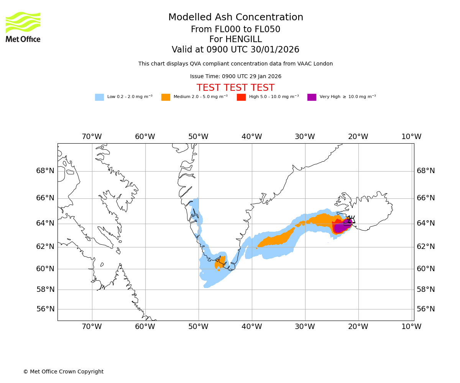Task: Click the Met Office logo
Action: (23, 27)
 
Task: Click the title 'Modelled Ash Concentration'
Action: (236, 18)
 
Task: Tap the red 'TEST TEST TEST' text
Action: (235, 88)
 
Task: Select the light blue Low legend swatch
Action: (99, 97)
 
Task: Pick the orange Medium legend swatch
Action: (166, 97)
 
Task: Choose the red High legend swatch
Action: (241, 97)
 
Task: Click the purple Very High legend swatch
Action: (312, 97)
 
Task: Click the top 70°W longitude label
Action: (92, 137)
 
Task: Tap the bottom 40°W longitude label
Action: (251, 327)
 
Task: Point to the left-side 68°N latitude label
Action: (45, 171)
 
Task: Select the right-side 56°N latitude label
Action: (426, 309)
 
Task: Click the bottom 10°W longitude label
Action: (411, 327)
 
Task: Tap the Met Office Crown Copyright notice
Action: (63, 372)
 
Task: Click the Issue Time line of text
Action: (235, 77)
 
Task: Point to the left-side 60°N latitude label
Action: (45, 269)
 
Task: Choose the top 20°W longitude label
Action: (358, 137)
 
